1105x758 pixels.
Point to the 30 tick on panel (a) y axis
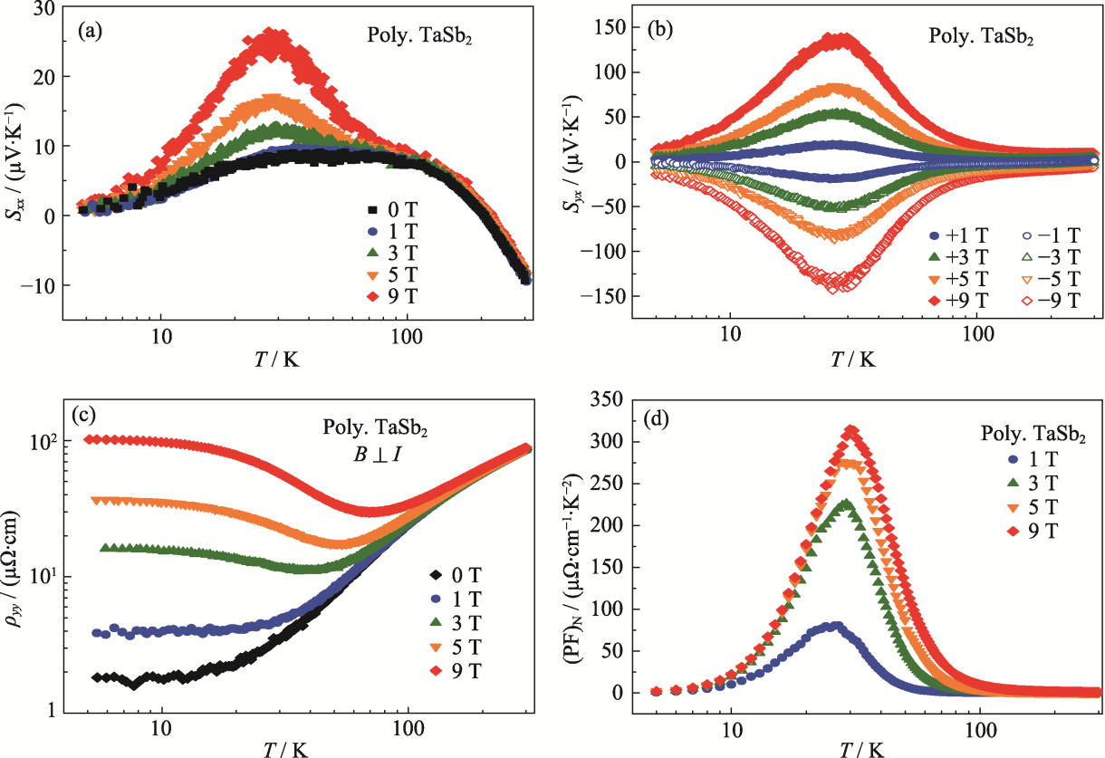coord(43,8)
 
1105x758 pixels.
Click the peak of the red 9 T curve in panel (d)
coord(850,430)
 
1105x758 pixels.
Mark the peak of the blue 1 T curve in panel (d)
coord(834,625)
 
